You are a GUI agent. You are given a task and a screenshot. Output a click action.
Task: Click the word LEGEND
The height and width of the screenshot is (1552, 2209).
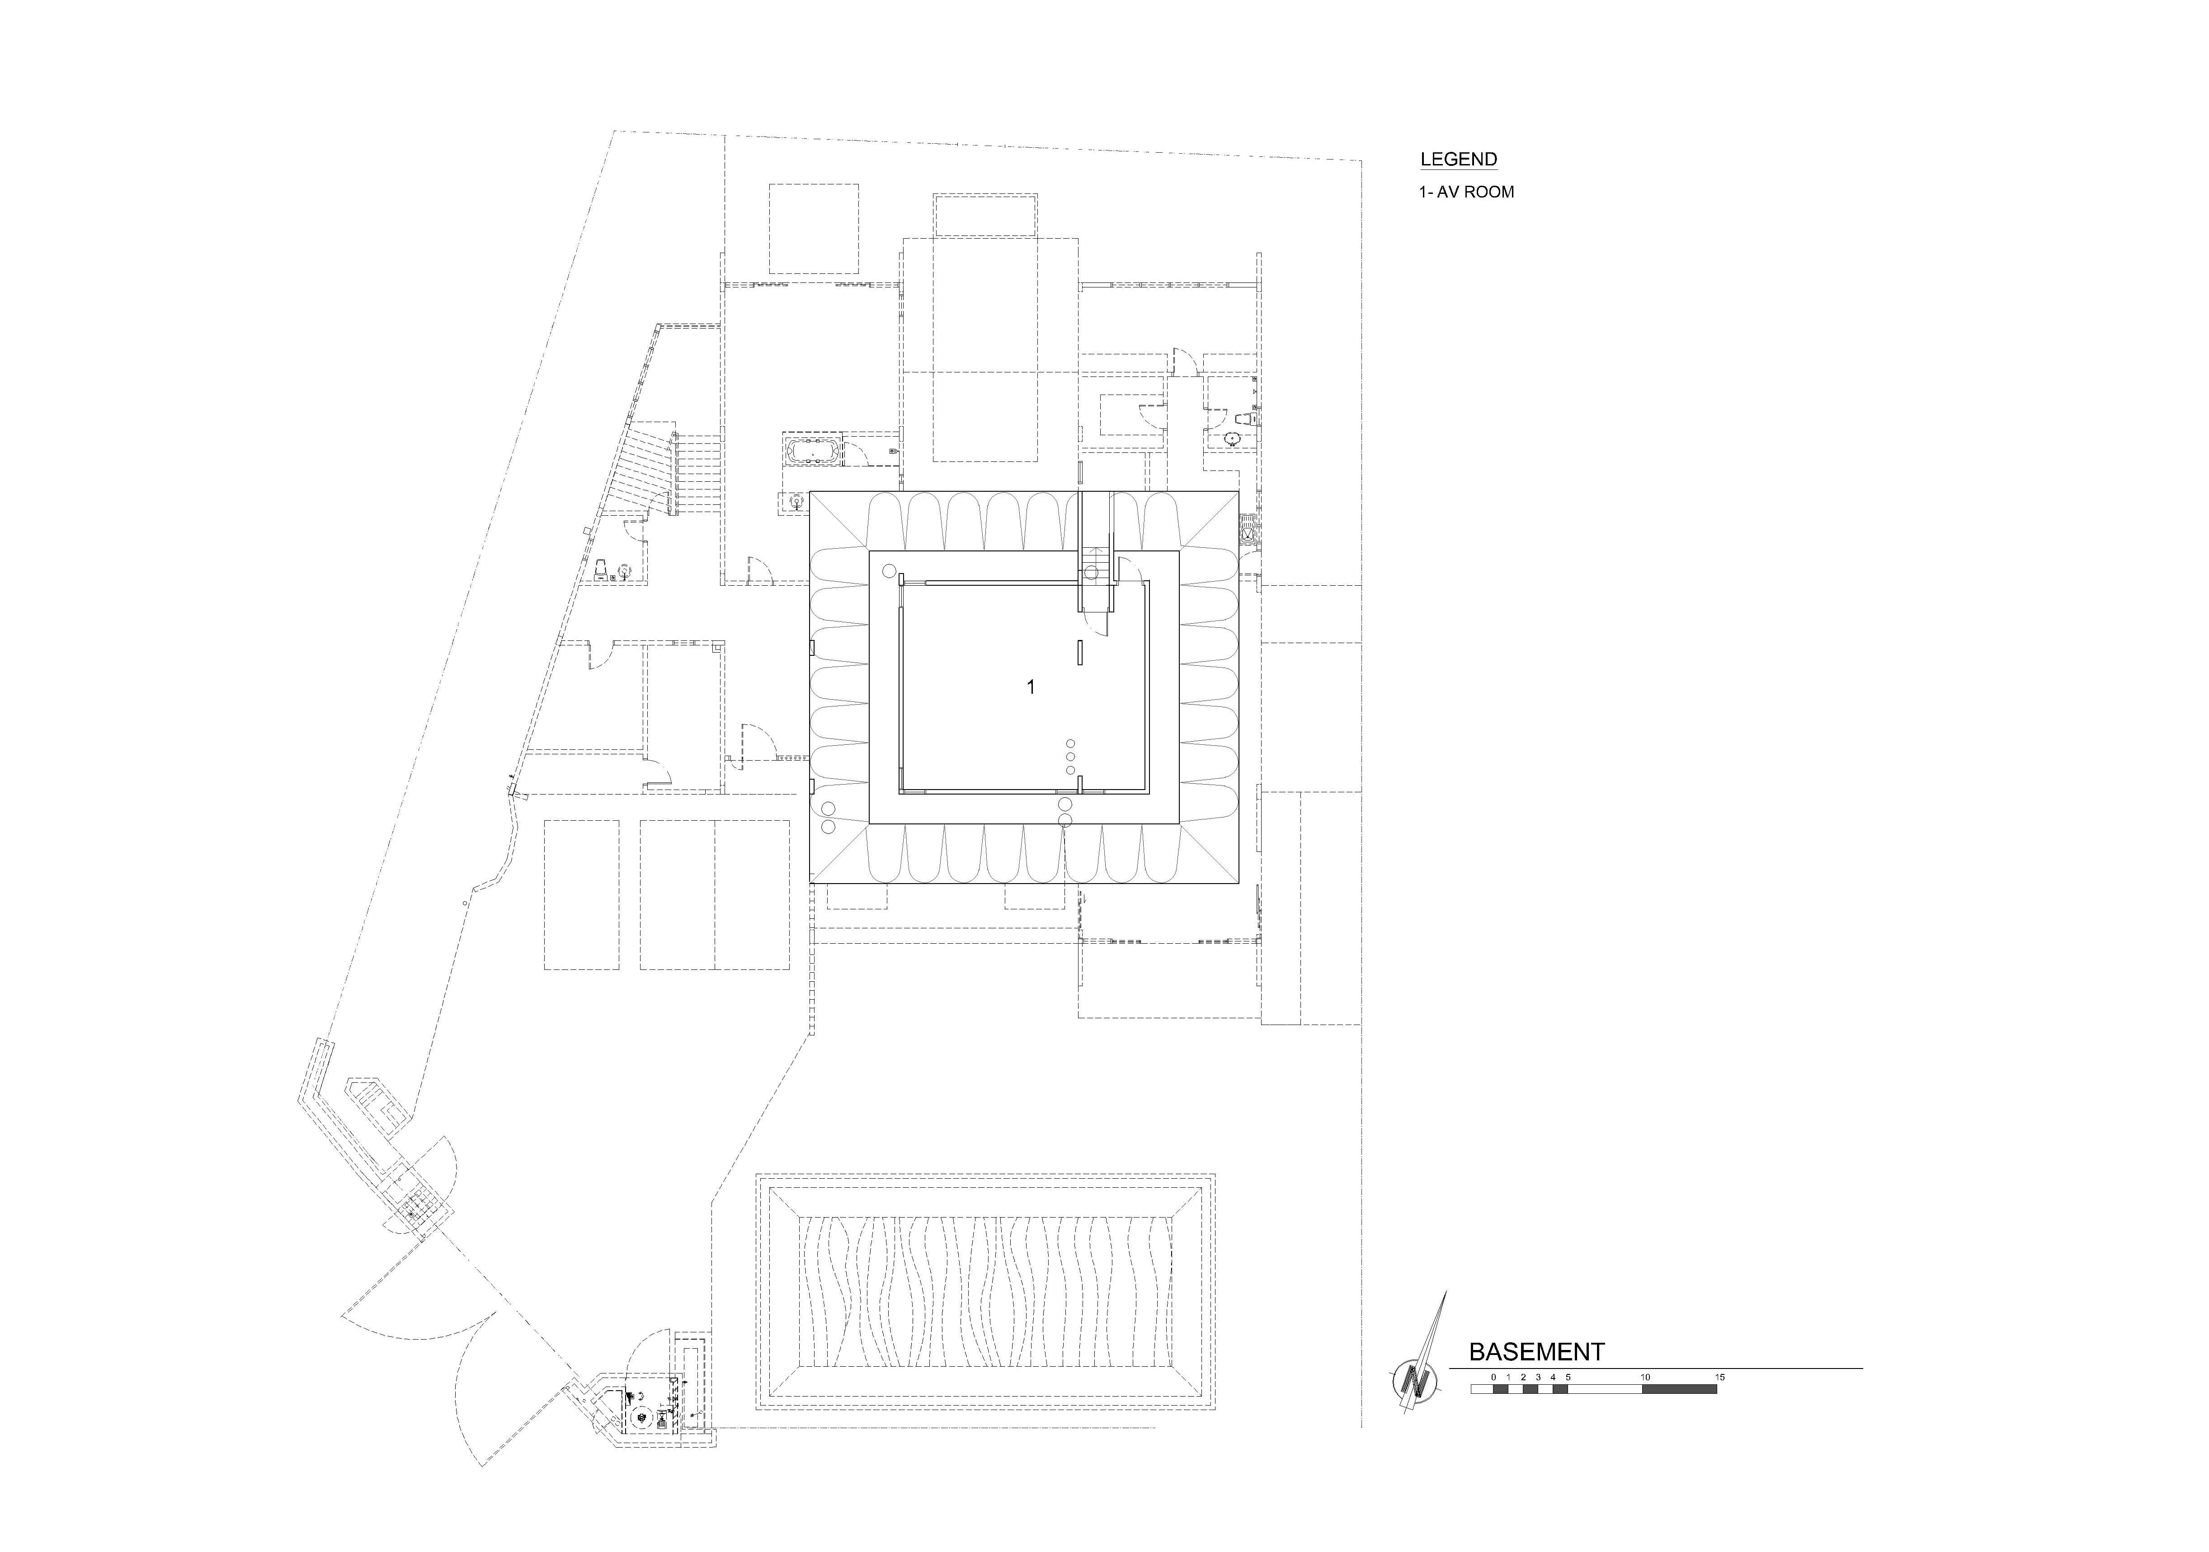[1459, 160]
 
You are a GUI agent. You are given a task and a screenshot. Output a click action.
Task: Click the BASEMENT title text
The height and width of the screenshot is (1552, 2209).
[1536, 1352]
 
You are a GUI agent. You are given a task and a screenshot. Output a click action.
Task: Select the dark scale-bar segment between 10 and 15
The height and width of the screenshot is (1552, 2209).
[1680, 1388]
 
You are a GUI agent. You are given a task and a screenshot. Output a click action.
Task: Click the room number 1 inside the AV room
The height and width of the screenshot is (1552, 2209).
[1031, 687]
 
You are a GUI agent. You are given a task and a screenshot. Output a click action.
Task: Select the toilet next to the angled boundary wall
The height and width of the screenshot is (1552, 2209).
[599, 569]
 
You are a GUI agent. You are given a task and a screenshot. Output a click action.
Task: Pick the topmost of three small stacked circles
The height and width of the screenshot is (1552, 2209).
[1071, 744]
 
